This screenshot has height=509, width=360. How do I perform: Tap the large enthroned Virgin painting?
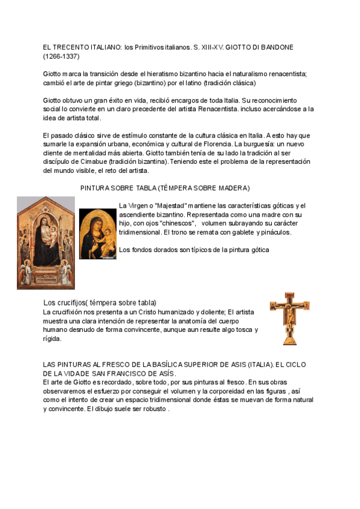click(46, 242)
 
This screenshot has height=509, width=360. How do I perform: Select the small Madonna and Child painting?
click(98, 234)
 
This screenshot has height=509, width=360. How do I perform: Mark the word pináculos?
click(273, 232)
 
